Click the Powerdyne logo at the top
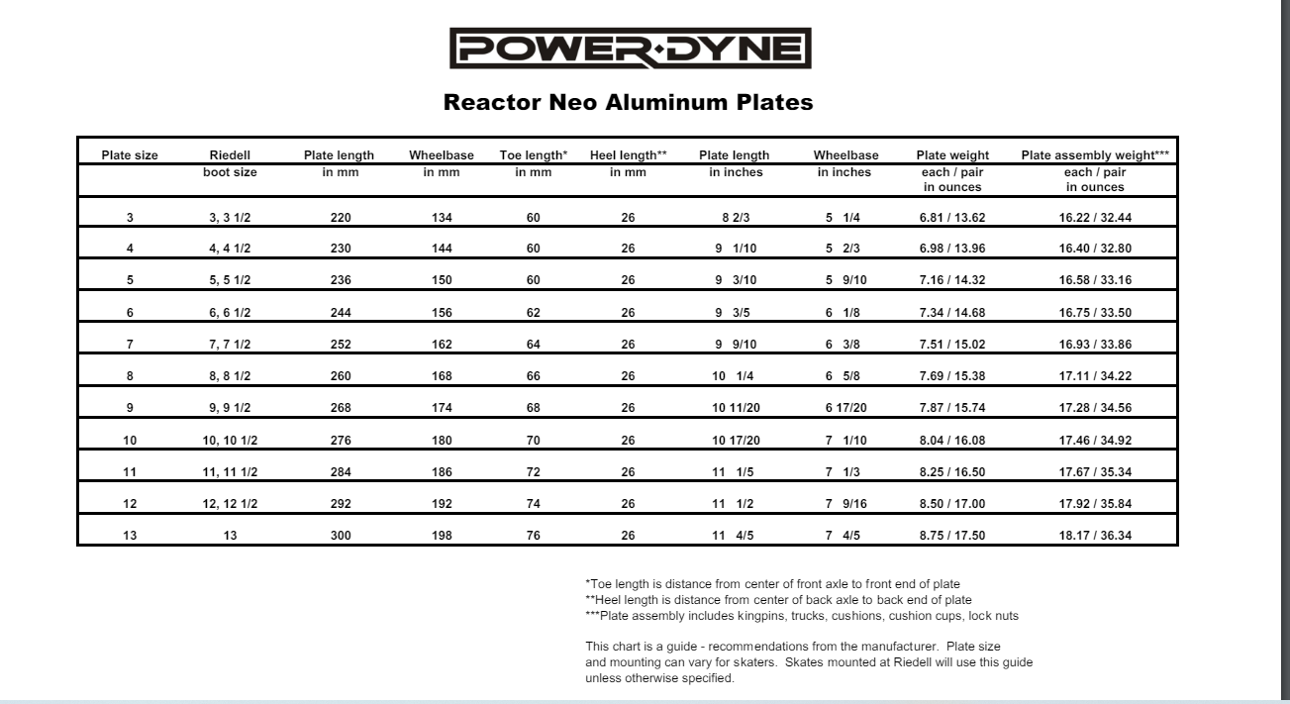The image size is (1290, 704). [x=630, y=49]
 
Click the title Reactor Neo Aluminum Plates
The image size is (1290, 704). [x=629, y=102]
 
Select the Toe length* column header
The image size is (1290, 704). [x=533, y=155]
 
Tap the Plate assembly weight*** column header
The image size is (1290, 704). [x=1095, y=155]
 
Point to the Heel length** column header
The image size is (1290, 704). [x=628, y=155]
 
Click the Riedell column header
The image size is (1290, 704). [x=230, y=155]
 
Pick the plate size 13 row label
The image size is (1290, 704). [x=130, y=536]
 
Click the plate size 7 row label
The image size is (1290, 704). [x=130, y=345]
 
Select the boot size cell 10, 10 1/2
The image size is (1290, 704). [x=230, y=440]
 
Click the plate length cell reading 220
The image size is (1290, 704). [x=340, y=218]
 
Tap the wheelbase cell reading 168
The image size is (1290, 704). [x=442, y=376]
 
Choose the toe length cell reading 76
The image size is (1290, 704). [x=533, y=536]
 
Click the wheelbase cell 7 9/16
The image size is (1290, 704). [x=843, y=504]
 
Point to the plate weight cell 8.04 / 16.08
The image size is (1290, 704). [x=952, y=440]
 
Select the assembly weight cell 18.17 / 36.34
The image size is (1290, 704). [x=1095, y=536]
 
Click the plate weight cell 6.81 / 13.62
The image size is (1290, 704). [x=952, y=218]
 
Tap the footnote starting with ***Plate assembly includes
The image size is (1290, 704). [x=802, y=616]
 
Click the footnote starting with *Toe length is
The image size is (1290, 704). [x=772, y=583]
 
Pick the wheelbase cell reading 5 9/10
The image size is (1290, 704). [x=843, y=280]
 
